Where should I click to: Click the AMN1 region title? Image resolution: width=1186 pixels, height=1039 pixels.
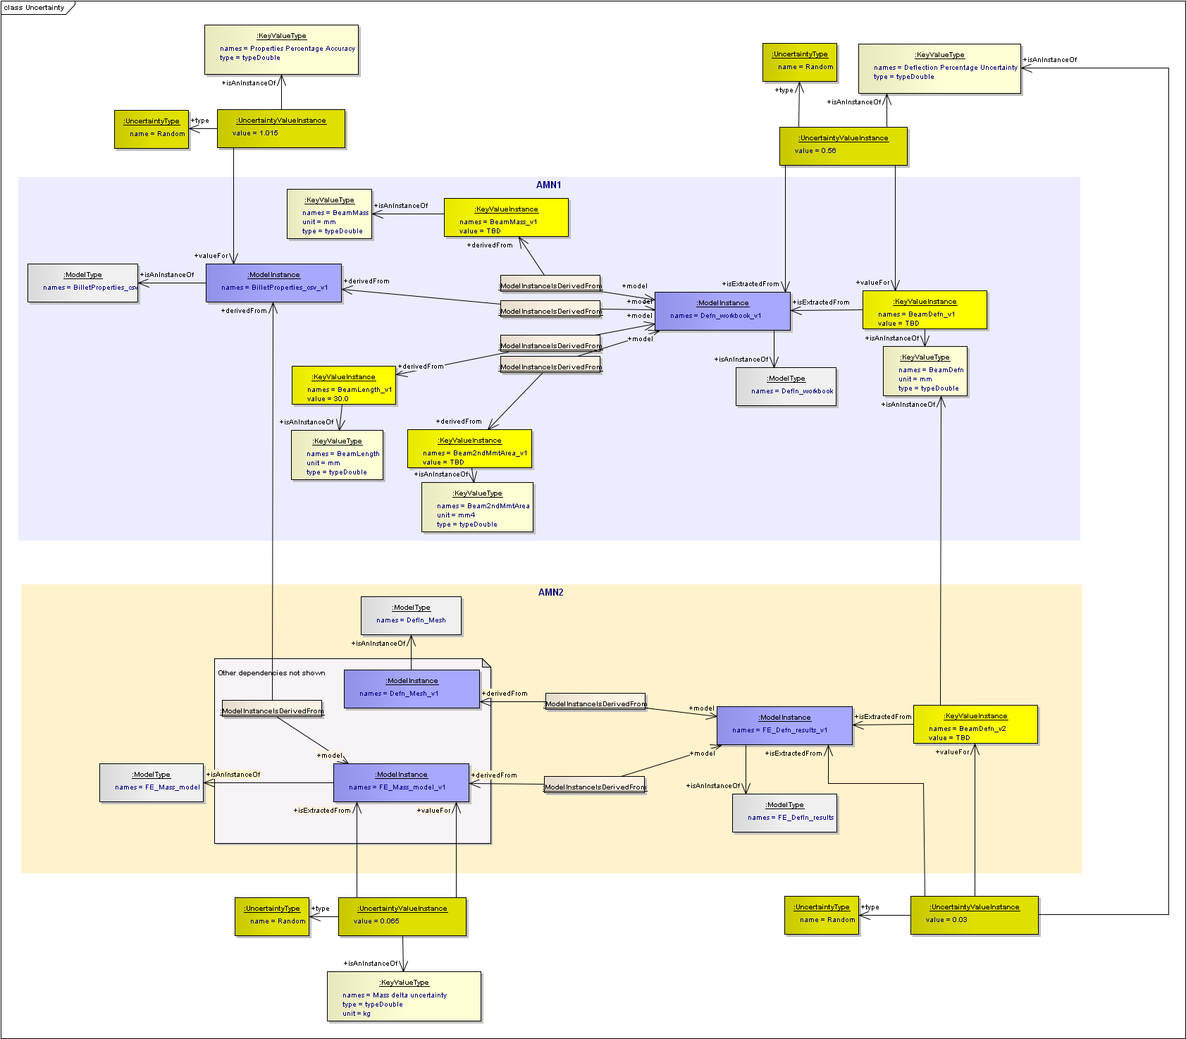(548, 185)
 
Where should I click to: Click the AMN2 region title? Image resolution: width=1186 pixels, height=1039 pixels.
(550, 592)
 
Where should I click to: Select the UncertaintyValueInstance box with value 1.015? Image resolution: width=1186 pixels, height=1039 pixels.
(281, 128)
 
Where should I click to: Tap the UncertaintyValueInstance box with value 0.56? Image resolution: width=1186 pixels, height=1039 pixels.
(844, 146)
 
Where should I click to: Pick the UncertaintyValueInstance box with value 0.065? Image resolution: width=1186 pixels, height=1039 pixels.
(402, 916)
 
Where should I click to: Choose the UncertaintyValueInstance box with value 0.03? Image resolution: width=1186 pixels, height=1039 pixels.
(975, 915)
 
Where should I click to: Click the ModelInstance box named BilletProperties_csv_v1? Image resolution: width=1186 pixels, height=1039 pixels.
(273, 283)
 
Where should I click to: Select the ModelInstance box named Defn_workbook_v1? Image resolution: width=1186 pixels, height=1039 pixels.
(722, 311)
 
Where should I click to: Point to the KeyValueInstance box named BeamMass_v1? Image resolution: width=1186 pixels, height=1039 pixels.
(506, 217)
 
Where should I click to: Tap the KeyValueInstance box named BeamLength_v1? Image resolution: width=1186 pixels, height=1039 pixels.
(344, 386)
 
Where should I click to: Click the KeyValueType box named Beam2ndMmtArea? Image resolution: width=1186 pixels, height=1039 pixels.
(478, 507)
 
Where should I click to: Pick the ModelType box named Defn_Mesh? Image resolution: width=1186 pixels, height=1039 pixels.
(411, 615)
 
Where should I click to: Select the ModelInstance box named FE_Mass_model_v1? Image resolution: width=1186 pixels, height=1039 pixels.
(401, 782)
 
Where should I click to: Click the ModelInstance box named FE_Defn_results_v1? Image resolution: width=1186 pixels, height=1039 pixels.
(784, 725)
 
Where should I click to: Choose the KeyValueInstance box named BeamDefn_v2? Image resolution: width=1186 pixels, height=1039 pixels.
(975, 724)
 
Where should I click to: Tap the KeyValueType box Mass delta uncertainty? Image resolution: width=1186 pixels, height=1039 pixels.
(404, 996)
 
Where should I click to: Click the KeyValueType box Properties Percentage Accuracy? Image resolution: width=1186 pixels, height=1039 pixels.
(281, 49)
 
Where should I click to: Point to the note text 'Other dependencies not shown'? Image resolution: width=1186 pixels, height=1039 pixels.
(271, 672)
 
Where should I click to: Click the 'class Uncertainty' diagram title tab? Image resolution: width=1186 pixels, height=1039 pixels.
(35, 8)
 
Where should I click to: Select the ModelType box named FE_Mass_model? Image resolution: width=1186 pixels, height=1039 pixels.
(152, 782)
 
